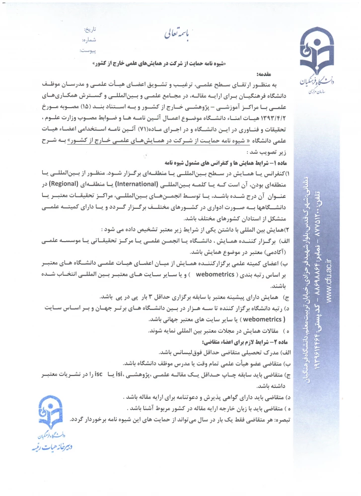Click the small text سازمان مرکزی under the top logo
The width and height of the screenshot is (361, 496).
(311, 92)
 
